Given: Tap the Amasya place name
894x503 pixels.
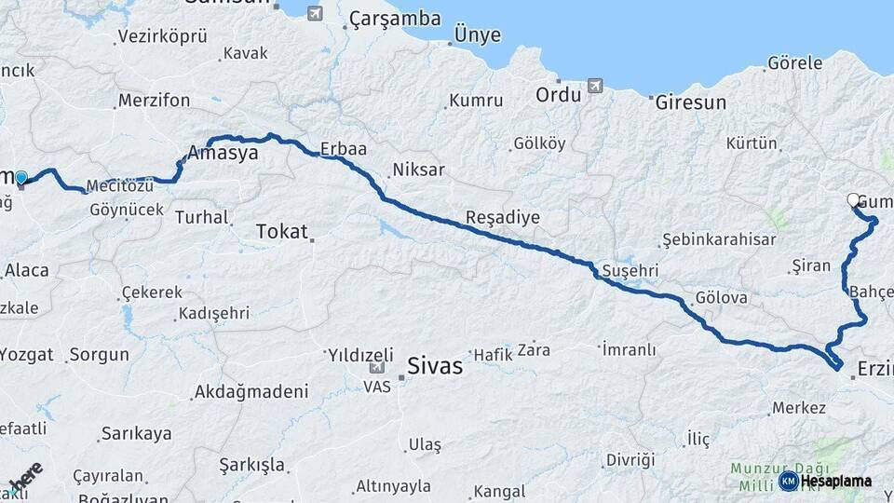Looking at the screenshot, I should (223, 154).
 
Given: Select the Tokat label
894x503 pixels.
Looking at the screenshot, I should (281, 231).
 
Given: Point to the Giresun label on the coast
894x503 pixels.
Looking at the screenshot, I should (690, 102).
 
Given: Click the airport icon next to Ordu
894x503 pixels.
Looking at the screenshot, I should (595, 87).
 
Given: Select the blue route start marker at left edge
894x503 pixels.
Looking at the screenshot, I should (20, 177).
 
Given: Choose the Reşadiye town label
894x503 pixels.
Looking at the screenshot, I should (504, 217).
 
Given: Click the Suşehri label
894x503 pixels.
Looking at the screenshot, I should (630, 269).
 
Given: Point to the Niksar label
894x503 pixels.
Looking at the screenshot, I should (418, 170).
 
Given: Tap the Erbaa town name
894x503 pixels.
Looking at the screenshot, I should (343, 148).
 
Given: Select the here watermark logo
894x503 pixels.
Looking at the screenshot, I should (25, 475).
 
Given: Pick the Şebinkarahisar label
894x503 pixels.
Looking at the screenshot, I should (718, 239).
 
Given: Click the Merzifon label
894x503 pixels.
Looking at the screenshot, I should (154, 101).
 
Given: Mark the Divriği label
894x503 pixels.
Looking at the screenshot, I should (630, 460).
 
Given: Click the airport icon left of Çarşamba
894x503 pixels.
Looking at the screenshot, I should (314, 13).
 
